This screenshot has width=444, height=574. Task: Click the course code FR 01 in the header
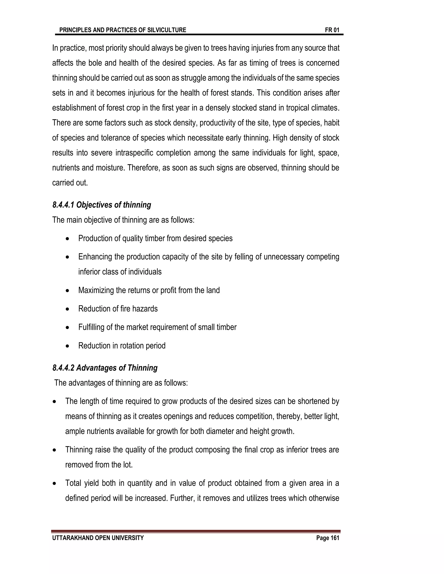coord(332,30)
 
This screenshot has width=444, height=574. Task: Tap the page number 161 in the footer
coord(335,538)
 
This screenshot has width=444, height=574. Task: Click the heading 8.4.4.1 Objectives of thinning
coord(102,205)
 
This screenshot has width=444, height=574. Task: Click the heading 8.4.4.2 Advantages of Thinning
coord(105,368)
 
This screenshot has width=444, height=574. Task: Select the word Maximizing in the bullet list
coord(96,290)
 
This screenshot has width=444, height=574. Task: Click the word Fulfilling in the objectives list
coord(91,327)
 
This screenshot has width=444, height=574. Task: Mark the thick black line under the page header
coord(199,34)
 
